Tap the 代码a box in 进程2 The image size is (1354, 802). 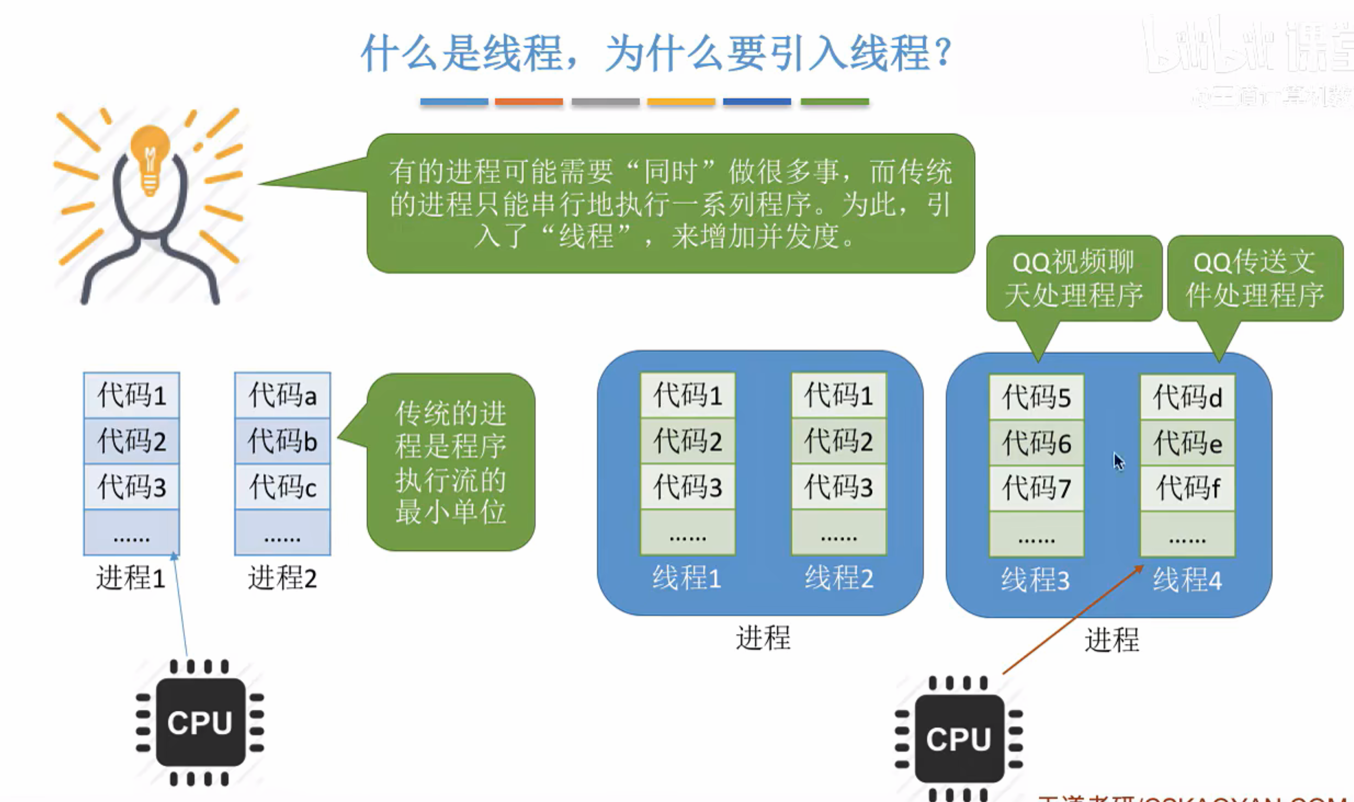tap(282, 395)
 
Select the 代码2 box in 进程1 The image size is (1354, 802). tap(131, 441)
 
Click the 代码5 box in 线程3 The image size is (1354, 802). tap(1036, 397)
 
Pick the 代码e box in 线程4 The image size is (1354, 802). tap(1188, 443)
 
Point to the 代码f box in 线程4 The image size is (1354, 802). tap(1188, 488)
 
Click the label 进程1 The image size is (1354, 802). tap(131, 578)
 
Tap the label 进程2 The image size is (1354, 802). tap(282, 578)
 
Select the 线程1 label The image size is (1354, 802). tap(687, 578)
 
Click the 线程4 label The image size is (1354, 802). tap(1187, 581)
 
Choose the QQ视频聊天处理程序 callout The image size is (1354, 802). tap(1074, 279)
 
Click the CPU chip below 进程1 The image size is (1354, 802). tap(200, 722)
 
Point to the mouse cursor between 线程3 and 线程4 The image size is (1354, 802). tap(1118, 461)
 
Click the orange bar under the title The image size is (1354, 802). tap(528, 101)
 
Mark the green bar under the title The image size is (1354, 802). tap(834, 101)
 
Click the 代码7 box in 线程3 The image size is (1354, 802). tap(1036, 488)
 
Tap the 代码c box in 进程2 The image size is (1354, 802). tap(282, 486)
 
